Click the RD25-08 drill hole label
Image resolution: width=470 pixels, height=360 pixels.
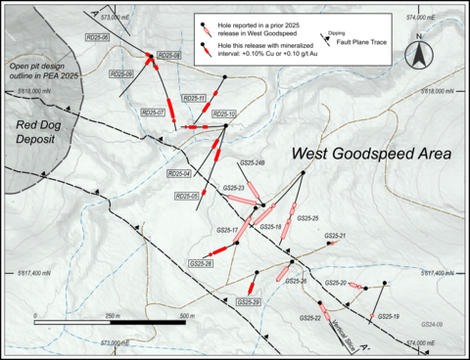(x=168, y=56)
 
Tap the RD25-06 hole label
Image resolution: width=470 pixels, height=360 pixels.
(x=97, y=37)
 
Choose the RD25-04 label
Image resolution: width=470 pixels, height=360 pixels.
(x=179, y=173)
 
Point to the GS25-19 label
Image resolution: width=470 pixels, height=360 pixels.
(x=389, y=316)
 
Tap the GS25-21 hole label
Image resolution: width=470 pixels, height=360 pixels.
(x=336, y=236)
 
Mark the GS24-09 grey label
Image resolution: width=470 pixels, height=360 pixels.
(x=433, y=324)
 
